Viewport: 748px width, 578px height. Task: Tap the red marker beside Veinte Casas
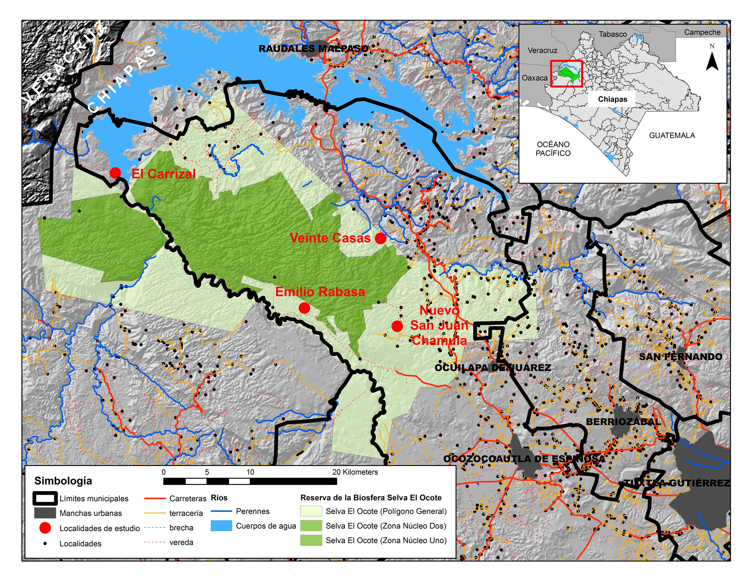click(380, 238)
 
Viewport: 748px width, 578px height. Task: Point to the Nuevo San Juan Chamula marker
click(397, 326)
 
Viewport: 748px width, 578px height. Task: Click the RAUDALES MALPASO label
click(313, 49)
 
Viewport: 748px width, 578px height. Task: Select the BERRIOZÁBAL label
click(623, 421)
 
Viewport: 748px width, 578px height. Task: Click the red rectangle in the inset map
click(566, 74)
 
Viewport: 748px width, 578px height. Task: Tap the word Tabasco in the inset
click(613, 34)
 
